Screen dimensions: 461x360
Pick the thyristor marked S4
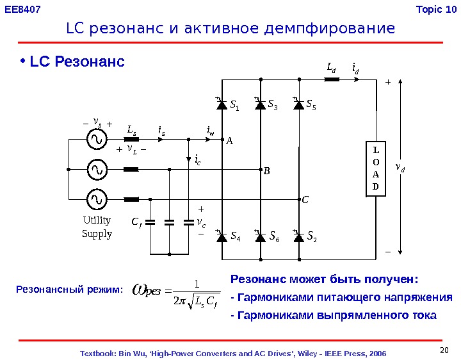click(222, 237)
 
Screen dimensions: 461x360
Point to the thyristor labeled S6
click(260, 237)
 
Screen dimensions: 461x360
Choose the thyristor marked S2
click(298, 237)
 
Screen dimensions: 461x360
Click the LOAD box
click(376, 168)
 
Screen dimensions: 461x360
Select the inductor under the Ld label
click(332, 80)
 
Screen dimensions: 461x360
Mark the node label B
click(267, 172)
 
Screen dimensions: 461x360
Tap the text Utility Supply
click(97, 227)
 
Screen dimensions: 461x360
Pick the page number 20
click(446, 349)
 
